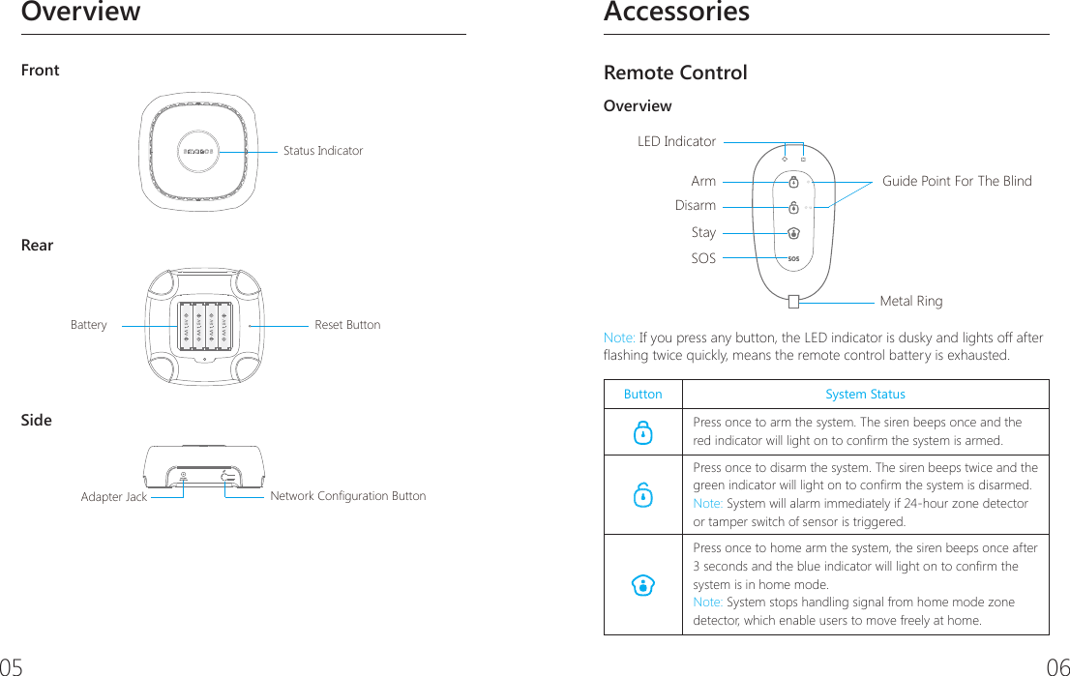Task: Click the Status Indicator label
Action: (323, 151)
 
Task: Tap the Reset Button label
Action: (347, 325)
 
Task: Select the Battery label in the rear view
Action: (89, 325)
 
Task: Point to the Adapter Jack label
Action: (114, 497)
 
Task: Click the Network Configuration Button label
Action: (348, 496)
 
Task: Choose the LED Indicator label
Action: (676, 142)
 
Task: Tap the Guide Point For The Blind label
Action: (957, 181)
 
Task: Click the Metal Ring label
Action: (910, 301)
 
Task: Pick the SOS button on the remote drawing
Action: (793, 258)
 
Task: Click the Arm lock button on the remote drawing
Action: (793, 181)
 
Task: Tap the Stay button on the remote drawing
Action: (793, 232)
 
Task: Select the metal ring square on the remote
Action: (793, 301)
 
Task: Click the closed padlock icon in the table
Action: (642, 434)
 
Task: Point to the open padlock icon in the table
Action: (642, 496)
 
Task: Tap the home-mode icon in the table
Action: (642, 584)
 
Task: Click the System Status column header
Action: (865, 394)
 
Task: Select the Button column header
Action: (642, 394)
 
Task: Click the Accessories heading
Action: (676, 13)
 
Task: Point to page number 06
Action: (1057, 666)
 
